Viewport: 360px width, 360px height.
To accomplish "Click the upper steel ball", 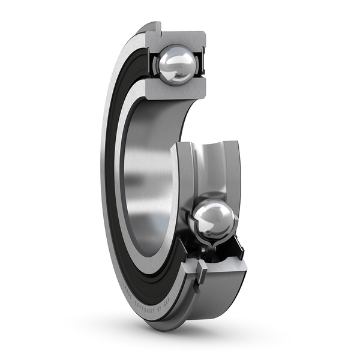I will coord(176,64).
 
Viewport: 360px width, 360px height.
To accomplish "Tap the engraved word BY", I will coord(159,310).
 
